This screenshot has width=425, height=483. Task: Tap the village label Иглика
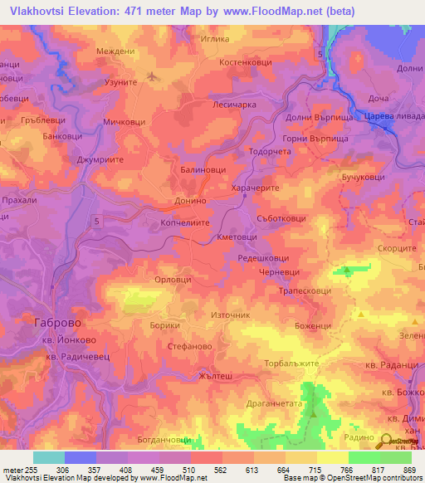(216, 38)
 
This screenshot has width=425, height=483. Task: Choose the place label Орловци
(173, 281)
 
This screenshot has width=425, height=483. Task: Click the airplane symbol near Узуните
(151, 78)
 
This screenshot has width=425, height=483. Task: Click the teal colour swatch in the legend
(49, 457)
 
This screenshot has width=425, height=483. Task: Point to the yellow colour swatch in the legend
(333, 457)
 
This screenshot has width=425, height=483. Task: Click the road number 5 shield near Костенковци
(320, 54)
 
